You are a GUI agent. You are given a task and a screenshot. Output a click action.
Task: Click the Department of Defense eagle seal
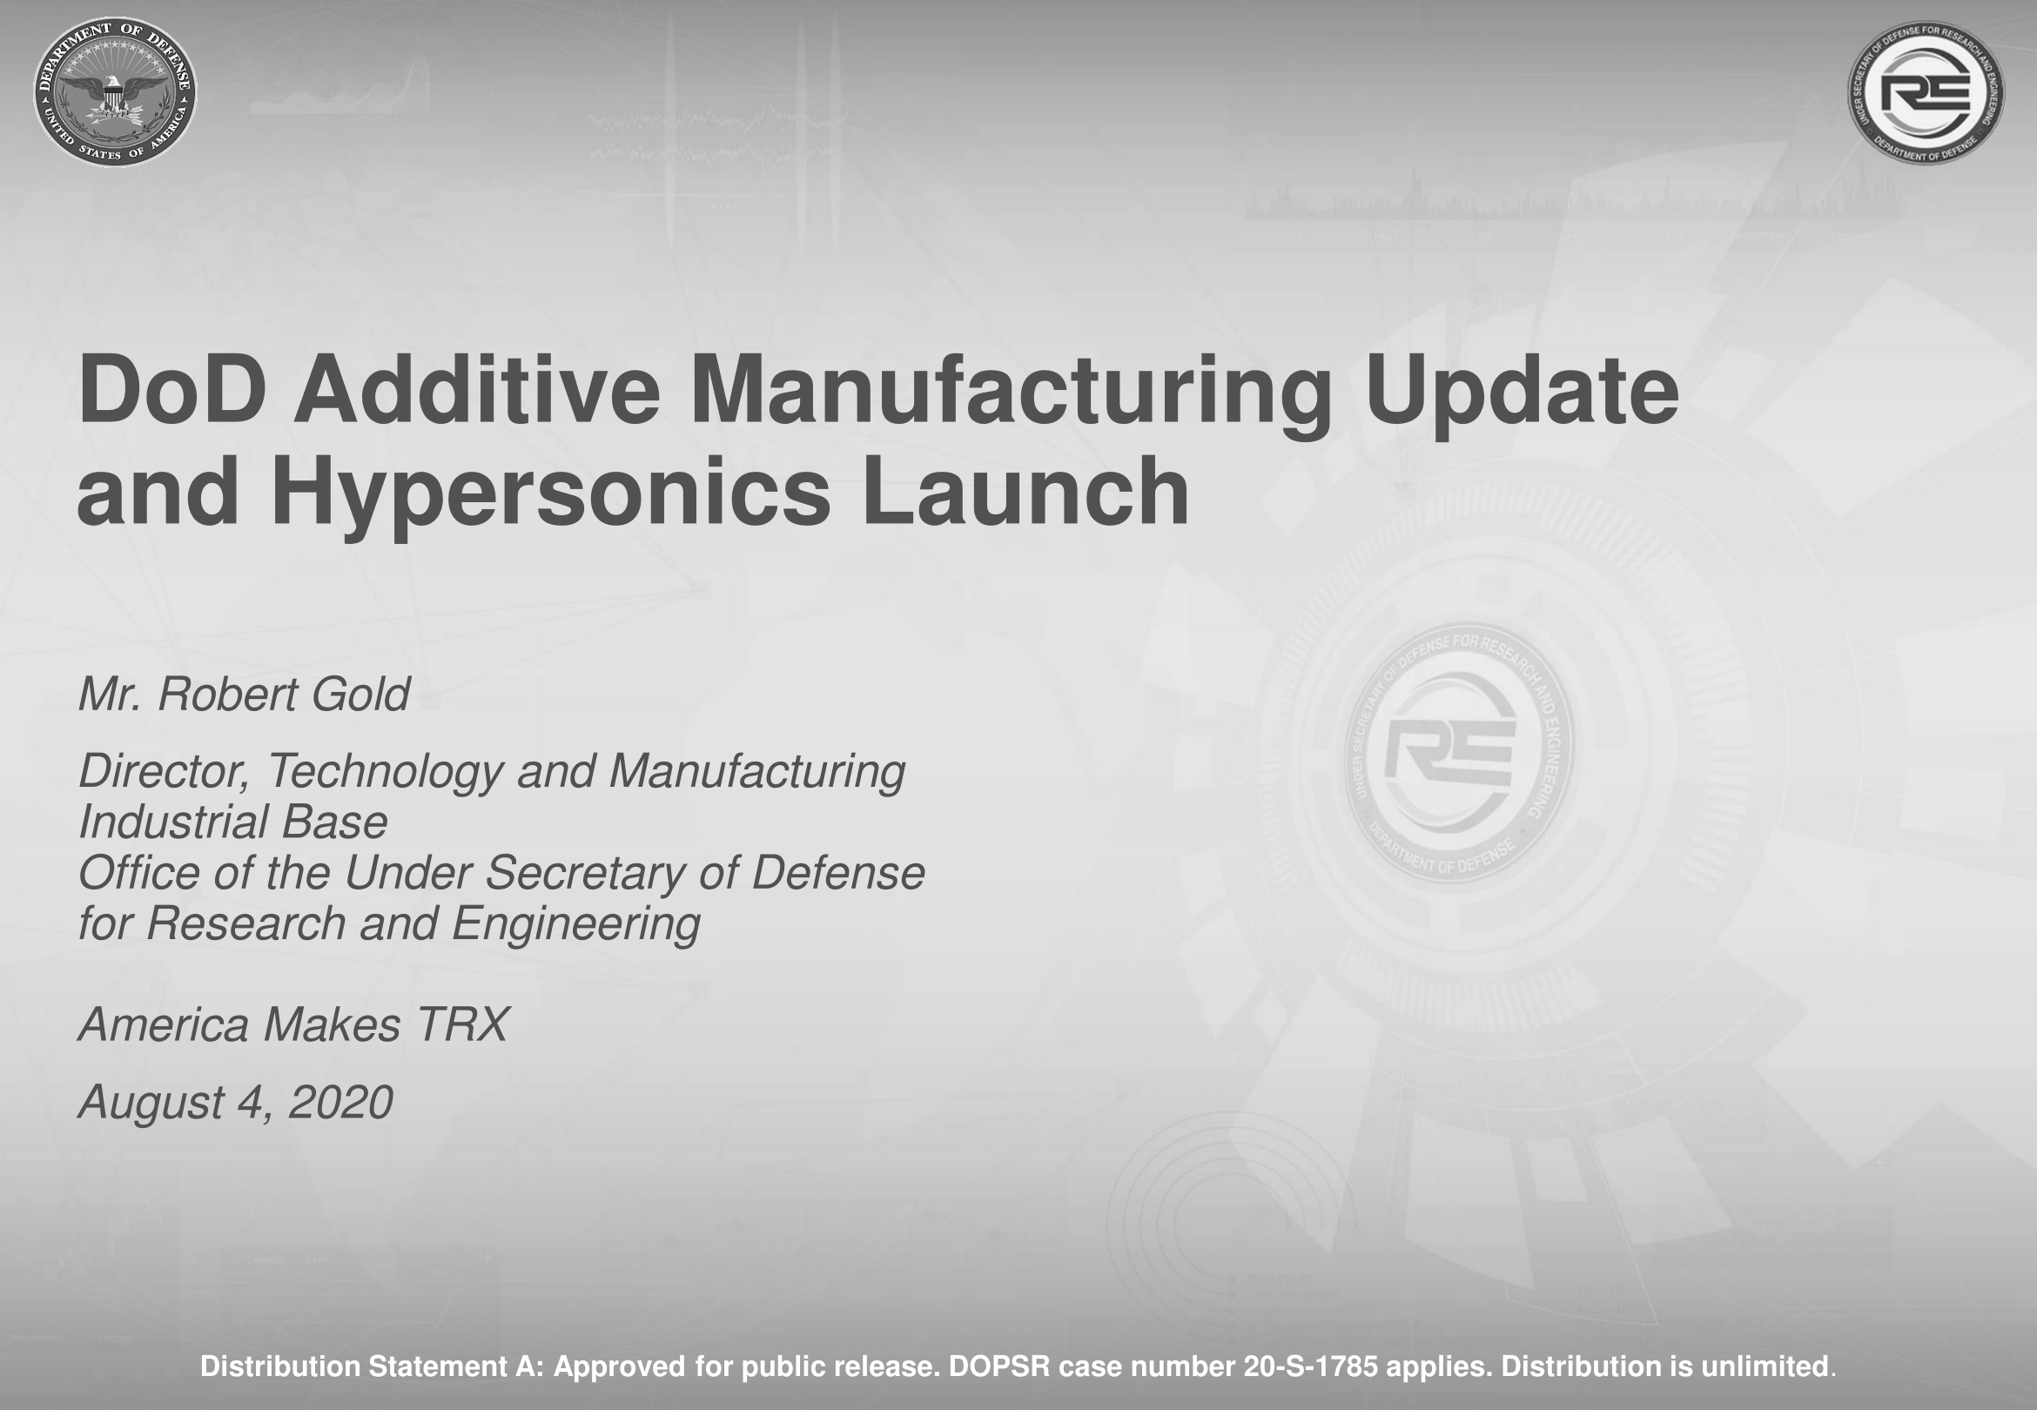coord(115,92)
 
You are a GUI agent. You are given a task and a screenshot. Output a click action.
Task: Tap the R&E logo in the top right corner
coord(1926,93)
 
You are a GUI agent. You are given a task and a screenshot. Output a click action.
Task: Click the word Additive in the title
coord(476,390)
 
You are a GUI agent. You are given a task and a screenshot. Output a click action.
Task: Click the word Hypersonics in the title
coord(550,494)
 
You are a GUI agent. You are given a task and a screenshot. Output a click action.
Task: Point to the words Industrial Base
coord(233,822)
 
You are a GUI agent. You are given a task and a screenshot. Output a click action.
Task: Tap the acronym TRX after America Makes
coord(462,1025)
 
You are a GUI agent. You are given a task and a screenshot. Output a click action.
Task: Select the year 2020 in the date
coord(340,1103)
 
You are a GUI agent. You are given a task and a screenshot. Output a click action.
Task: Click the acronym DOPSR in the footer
coord(999,1366)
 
